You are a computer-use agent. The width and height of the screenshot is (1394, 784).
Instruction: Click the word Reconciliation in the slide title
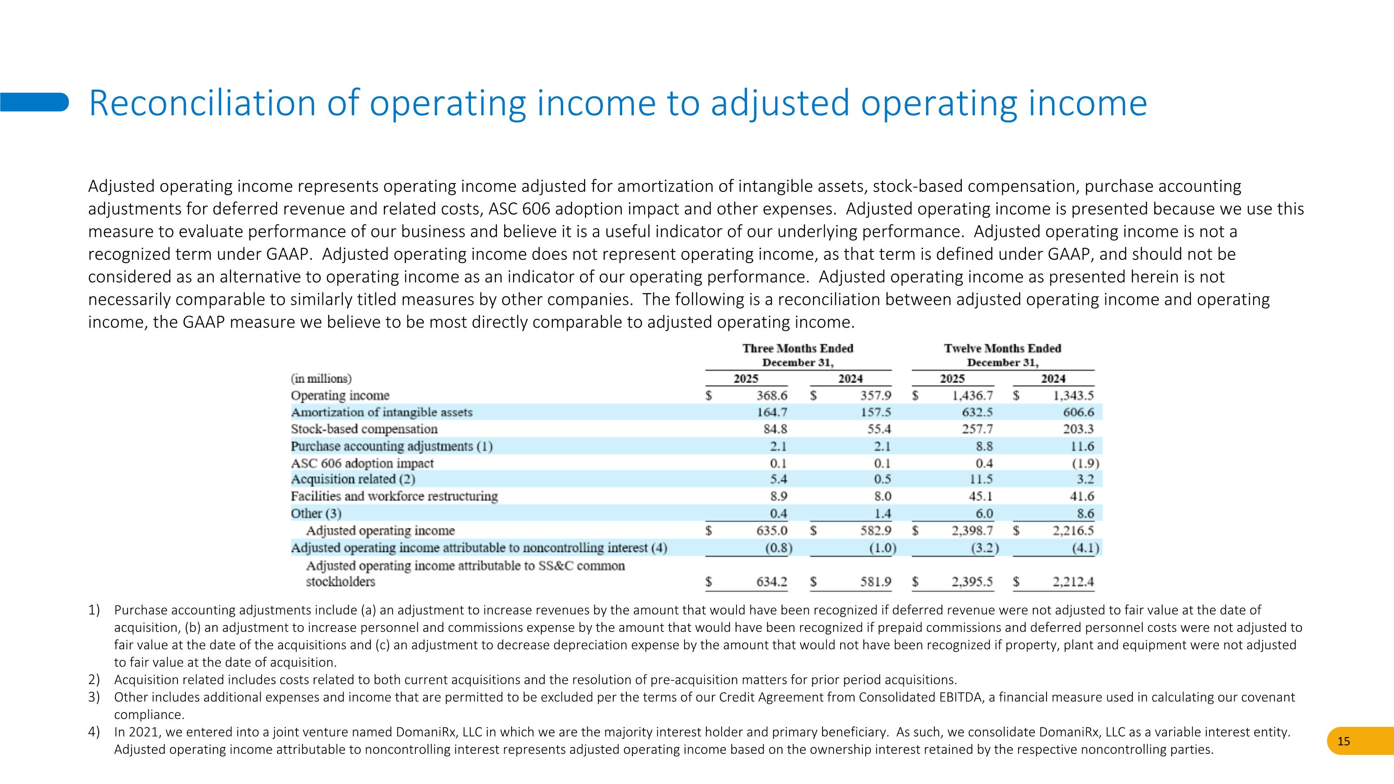point(201,103)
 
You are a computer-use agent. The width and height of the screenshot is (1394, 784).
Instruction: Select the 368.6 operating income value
point(772,395)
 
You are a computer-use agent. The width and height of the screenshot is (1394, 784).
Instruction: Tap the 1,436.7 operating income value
point(973,395)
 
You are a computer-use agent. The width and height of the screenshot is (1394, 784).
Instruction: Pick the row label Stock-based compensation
point(364,429)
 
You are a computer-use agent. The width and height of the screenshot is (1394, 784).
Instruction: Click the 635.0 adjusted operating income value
point(772,531)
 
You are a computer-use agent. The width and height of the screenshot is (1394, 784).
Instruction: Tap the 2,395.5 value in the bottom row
point(973,582)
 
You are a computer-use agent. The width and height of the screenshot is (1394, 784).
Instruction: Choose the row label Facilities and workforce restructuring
point(394,496)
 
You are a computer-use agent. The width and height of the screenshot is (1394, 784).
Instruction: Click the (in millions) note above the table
point(321,378)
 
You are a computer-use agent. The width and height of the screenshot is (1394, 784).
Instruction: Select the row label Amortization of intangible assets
point(381,412)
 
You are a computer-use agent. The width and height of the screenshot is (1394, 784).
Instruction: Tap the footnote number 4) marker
point(94,732)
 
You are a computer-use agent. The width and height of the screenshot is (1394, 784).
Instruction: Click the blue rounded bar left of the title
point(34,102)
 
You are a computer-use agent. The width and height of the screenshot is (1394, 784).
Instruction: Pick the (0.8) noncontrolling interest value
point(778,548)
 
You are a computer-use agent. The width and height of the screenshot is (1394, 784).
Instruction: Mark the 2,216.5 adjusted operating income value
point(1072,531)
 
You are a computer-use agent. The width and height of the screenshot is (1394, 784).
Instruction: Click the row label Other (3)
point(316,513)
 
